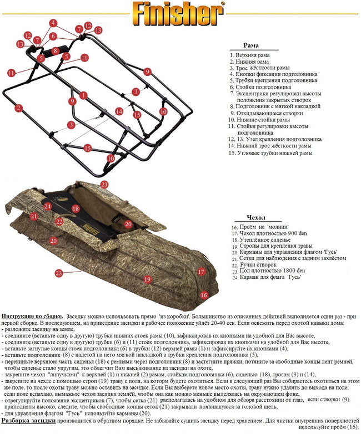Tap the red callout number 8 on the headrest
pyautogui.click(x=55, y=50)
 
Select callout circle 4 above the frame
pyautogui.click(x=53, y=23)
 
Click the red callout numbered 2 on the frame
pyautogui.click(x=18, y=108)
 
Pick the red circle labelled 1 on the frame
pyautogui.click(x=83, y=95)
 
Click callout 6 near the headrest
pyautogui.click(x=53, y=36)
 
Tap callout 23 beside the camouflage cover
pyautogui.click(x=58, y=273)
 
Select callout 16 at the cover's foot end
pyautogui.click(x=204, y=294)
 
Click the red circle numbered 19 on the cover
pyautogui.click(x=147, y=279)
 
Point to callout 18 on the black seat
pyautogui.click(x=76, y=208)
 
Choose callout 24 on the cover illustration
pyautogui.click(x=48, y=207)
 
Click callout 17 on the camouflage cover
pyautogui.click(x=202, y=272)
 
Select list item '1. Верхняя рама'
pyautogui.click(x=250, y=55)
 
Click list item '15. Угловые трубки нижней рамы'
pyautogui.click(x=272, y=153)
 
